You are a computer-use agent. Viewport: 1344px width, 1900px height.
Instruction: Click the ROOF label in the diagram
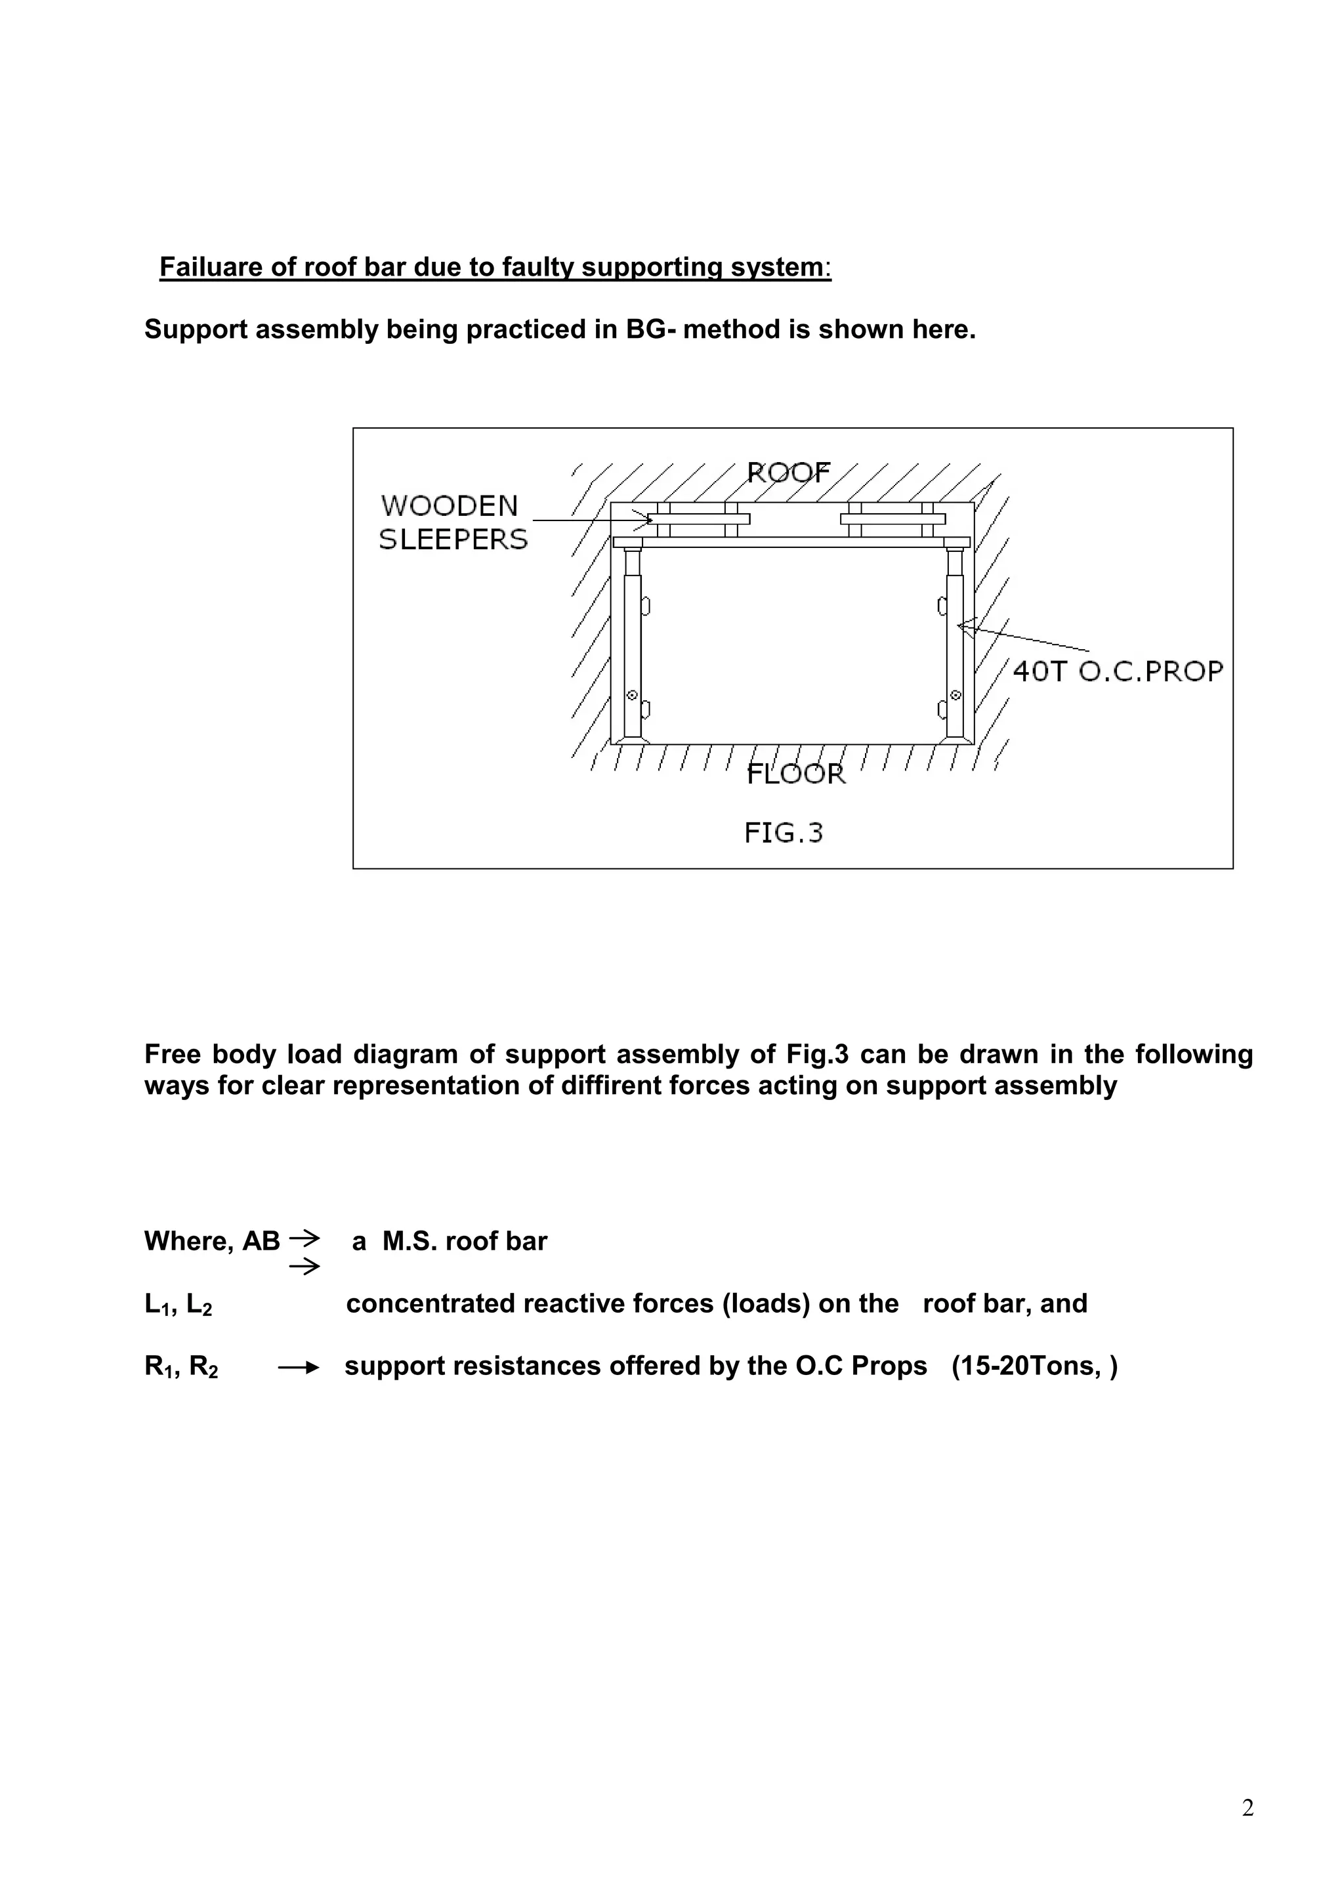[788, 473]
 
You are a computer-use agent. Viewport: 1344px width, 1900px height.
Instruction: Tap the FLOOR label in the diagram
[795, 774]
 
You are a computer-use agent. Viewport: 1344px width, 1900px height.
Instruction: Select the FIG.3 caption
[783, 832]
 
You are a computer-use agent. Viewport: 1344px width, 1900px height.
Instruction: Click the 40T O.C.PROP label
[1117, 671]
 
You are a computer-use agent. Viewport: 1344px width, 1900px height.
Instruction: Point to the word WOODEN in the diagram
[450, 505]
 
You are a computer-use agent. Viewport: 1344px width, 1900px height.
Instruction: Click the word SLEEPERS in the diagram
[453, 539]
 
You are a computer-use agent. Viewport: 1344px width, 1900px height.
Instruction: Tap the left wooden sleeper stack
[698, 519]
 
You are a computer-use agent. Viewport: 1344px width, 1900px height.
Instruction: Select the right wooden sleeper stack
[892, 519]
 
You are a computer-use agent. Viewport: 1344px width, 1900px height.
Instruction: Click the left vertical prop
[632, 654]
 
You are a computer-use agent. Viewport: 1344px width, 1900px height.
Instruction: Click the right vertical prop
[955, 654]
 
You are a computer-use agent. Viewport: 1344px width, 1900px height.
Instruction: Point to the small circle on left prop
[632, 695]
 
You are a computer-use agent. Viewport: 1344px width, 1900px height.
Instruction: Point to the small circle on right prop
[955, 695]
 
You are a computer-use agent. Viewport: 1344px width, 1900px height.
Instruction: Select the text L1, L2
[178, 1305]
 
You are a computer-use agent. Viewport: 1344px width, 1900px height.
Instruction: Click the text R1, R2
[180, 1366]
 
